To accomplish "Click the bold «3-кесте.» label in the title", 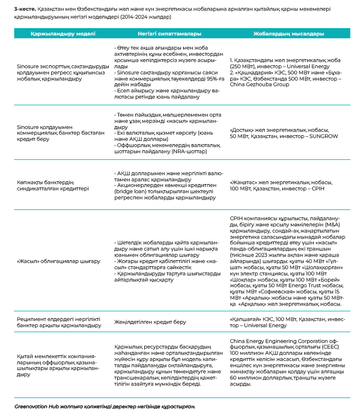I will point(25,9).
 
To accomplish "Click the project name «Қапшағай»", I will point(246,319).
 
